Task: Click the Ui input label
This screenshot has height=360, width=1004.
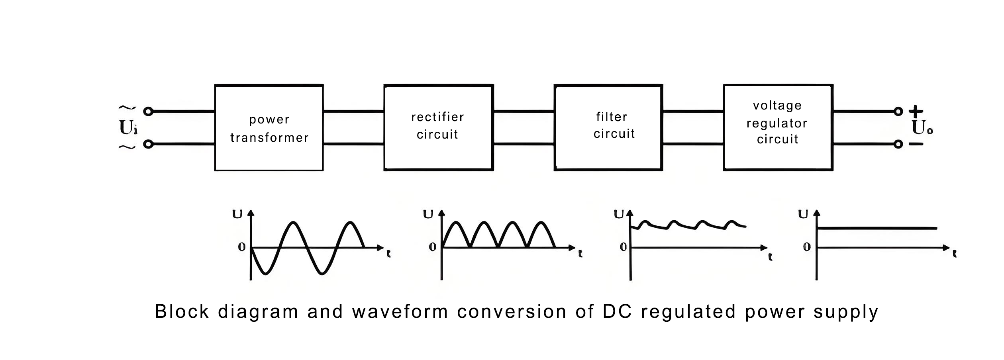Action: click(128, 128)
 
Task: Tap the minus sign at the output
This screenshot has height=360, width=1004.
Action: click(916, 144)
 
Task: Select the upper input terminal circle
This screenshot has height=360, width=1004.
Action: click(148, 112)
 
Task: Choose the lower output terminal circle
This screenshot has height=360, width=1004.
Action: click(898, 144)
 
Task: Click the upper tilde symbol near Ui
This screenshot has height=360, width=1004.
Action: click(127, 108)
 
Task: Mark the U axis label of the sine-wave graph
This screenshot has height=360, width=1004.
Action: click(237, 215)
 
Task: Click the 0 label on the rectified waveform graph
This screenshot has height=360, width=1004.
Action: click(433, 247)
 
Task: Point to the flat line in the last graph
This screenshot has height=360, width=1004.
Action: click(877, 228)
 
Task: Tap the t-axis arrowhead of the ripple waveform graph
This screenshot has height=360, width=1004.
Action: click(764, 248)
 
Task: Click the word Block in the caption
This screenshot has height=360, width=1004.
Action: click(182, 311)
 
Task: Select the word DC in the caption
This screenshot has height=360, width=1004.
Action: click(617, 311)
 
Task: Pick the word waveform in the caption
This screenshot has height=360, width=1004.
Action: click(400, 311)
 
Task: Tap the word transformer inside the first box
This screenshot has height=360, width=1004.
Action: click(269, 138)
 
